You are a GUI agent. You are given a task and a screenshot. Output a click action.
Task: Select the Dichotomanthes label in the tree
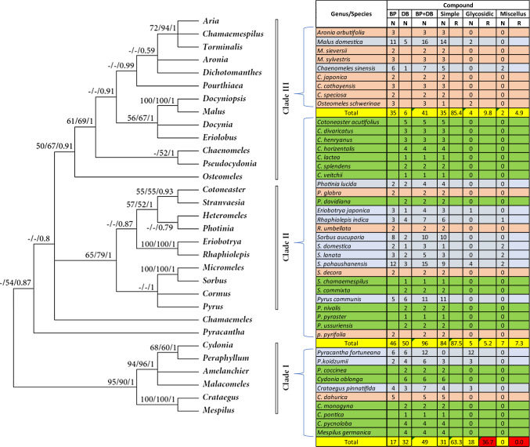pos(236,78)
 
